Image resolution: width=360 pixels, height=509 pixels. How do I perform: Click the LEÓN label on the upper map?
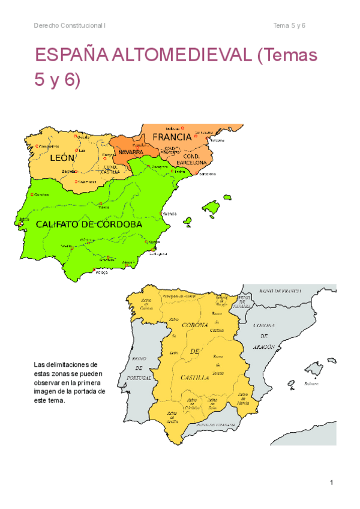[62, 158]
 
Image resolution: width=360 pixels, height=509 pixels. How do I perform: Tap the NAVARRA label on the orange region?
[130, 152]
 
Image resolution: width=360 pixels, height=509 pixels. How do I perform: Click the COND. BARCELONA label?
[191, 159]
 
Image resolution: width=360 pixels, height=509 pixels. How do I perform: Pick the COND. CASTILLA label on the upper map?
[110, 169]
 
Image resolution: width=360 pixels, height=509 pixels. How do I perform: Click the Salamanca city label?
[86, 182]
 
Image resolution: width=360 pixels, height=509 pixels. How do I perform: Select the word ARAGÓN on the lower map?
[263, 347]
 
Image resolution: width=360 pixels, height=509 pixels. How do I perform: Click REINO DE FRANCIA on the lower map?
[279, 291]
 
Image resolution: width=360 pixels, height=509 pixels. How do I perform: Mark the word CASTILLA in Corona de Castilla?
[194, 378]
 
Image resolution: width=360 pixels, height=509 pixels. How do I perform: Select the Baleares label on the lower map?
[311, 383]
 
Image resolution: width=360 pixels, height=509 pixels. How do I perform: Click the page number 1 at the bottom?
[331, 483]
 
